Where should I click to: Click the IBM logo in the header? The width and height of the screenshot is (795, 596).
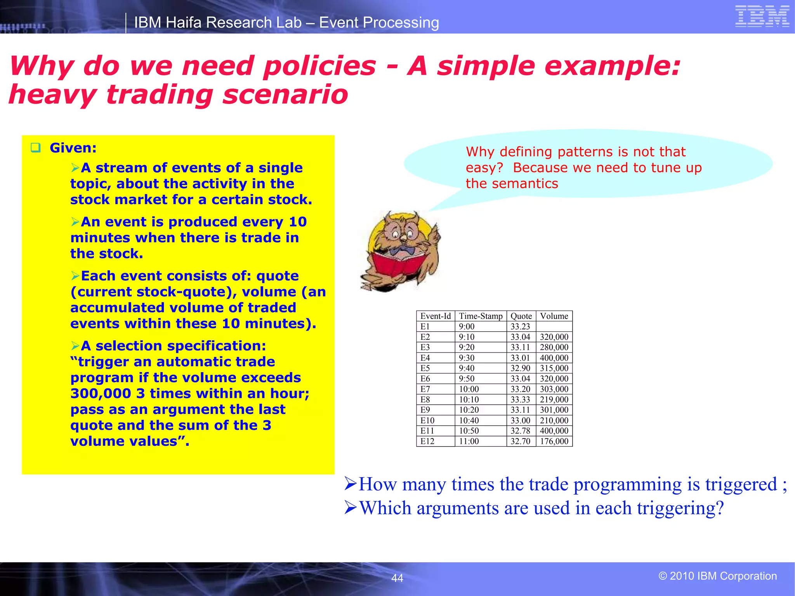tap(762, 17)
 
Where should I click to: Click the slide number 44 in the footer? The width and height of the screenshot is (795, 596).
tap(397, 578)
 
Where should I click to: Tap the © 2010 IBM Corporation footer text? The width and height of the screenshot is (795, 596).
tap(717, 576)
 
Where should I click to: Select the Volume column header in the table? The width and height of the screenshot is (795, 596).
tap(554, 316)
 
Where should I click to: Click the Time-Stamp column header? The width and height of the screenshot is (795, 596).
tap(481, 316)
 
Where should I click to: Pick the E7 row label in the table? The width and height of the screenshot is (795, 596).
tap(425, 389)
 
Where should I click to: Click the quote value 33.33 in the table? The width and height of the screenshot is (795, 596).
tap(520, 399)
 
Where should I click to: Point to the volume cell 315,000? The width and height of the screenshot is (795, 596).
tap(554, 368)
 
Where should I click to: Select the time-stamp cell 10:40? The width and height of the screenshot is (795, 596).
tap(469, 420)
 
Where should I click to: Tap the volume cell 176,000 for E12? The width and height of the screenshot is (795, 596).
tap(554, 441)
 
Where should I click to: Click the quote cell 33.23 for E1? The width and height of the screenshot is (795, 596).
tap(520, 326)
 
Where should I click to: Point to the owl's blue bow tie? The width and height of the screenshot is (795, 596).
tap(402, 251)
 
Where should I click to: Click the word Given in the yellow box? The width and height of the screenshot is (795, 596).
tap(73, 148)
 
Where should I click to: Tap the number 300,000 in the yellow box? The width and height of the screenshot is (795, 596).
tap(101, 393)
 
